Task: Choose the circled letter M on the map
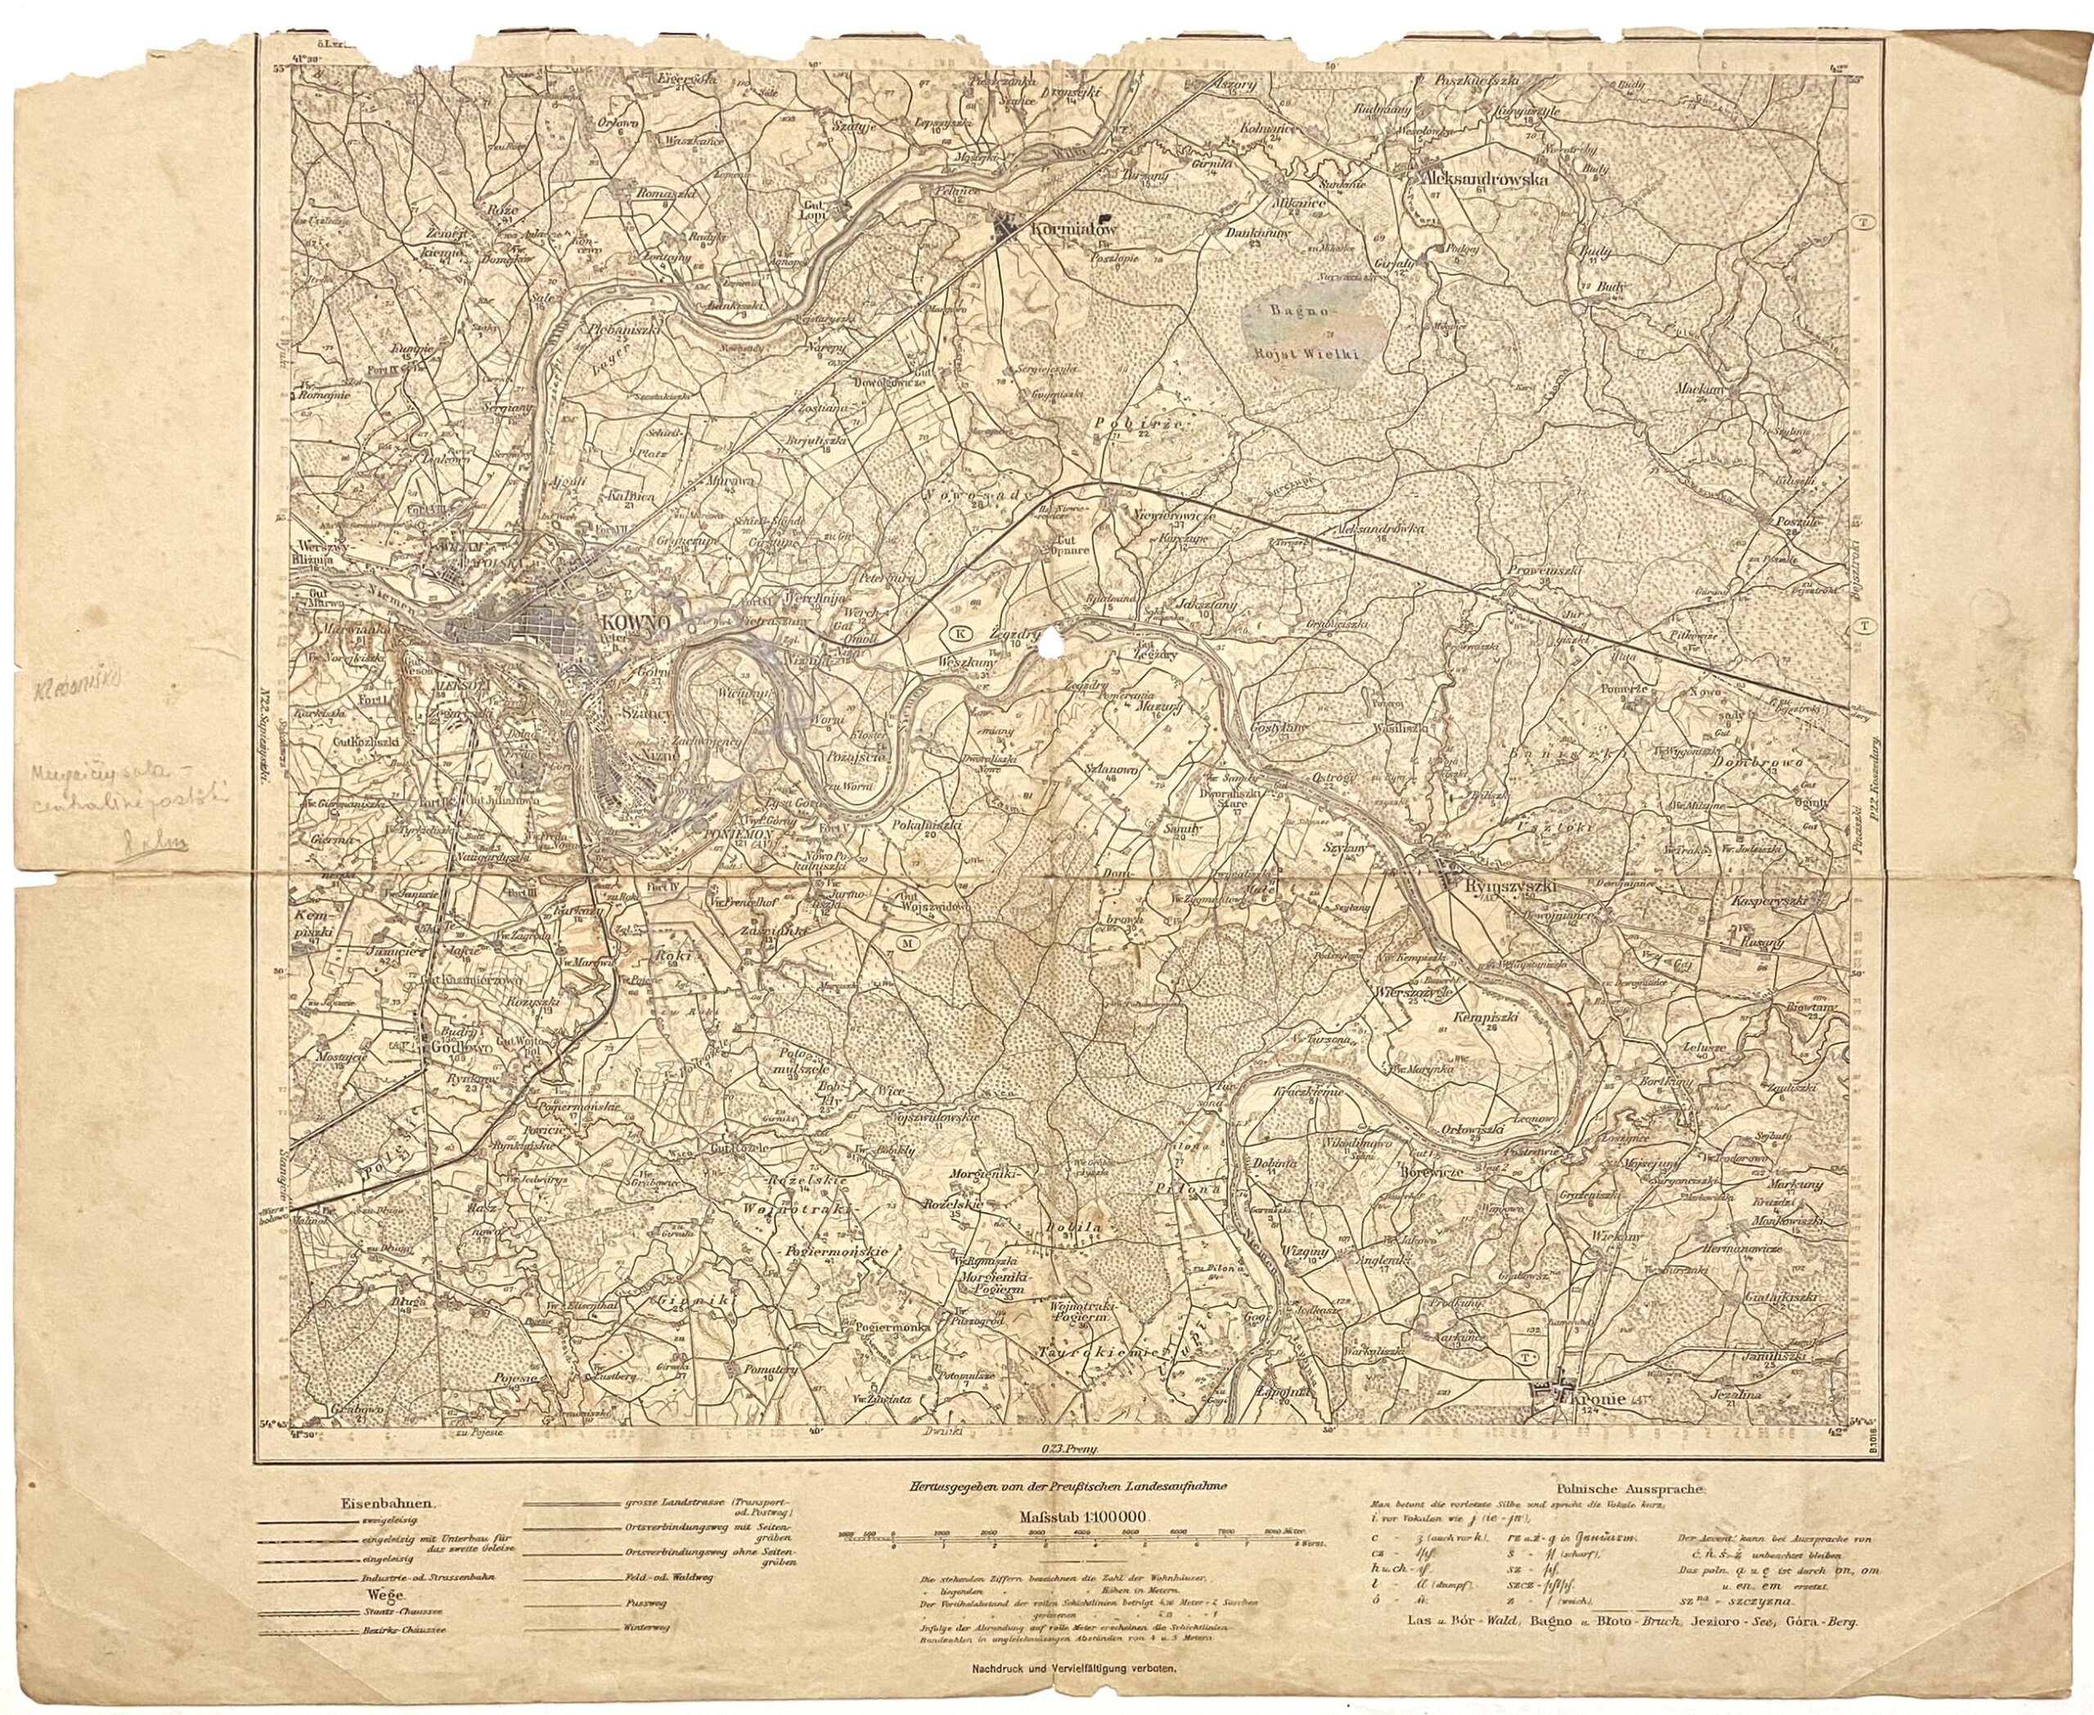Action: [908, 945]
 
